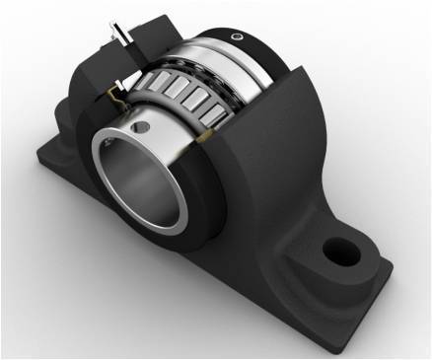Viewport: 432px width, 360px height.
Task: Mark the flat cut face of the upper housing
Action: click(x=94, y=59)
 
